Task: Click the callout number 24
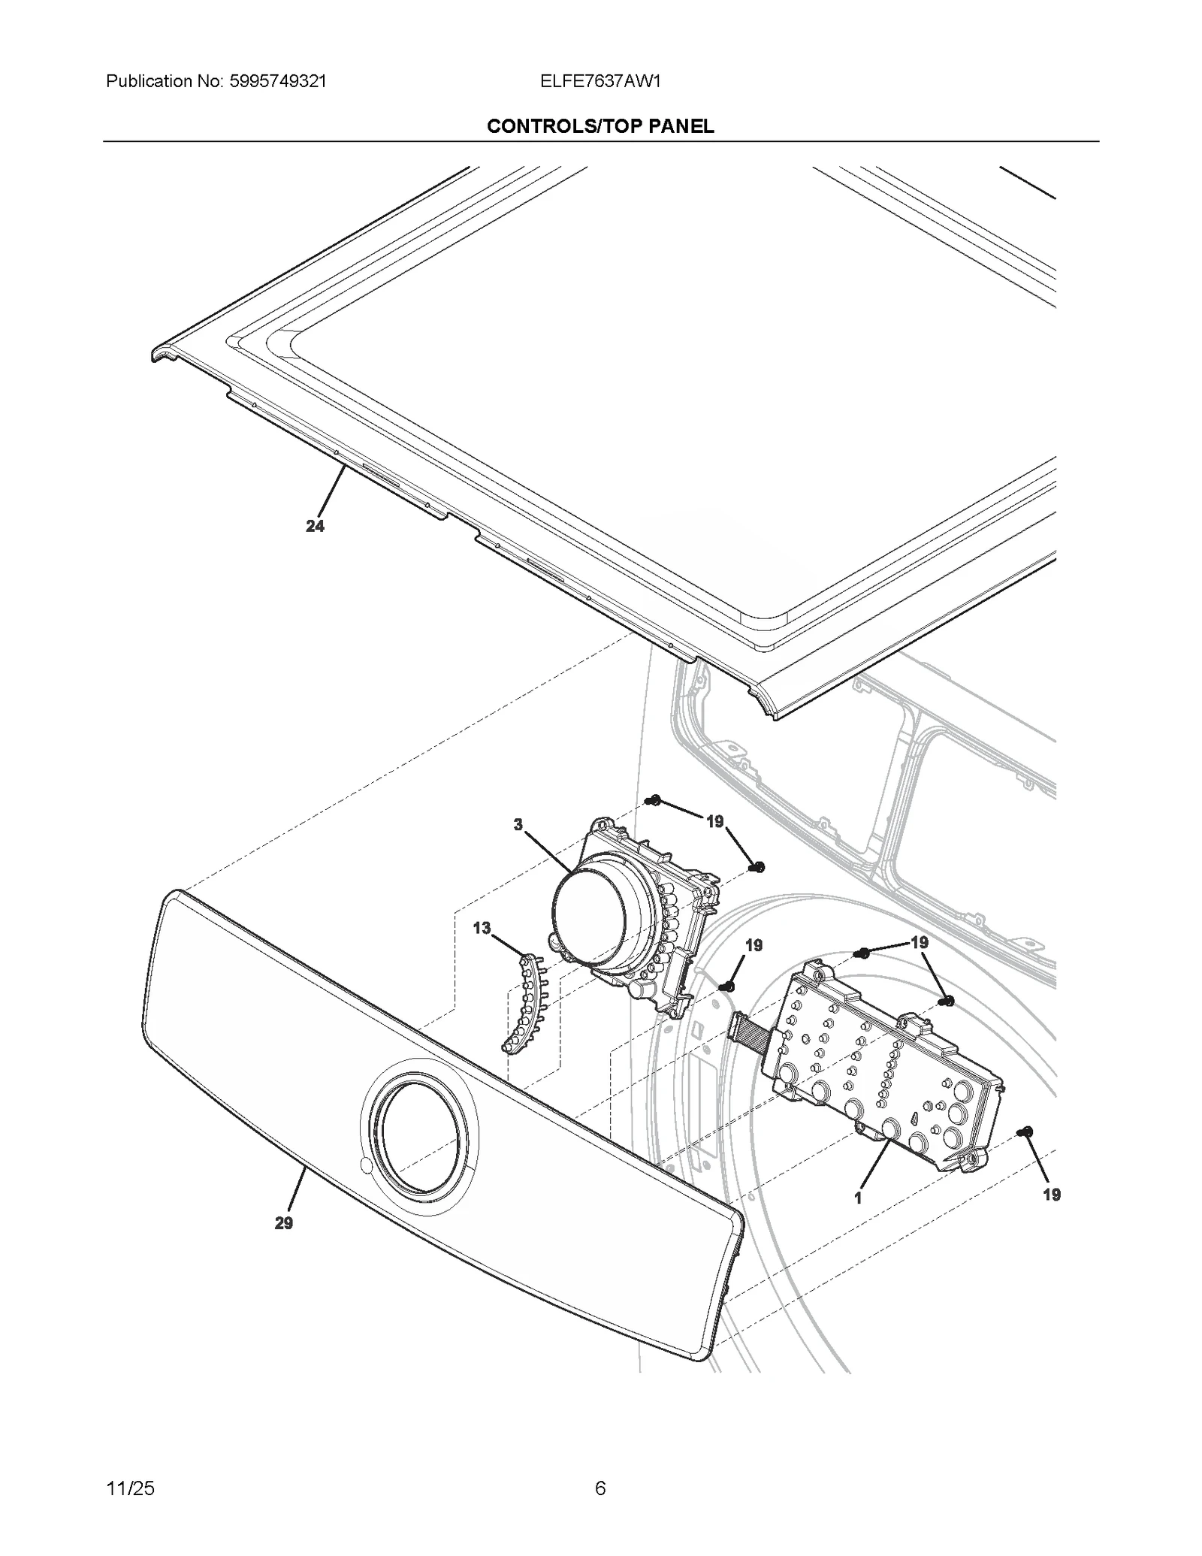tap(315, 527)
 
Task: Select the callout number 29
tap(283, 1223)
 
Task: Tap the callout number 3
tap(518, 825)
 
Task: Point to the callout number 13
tap(482, 929)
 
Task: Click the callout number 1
tap(858, 1198)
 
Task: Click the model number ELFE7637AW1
tap(599, 81)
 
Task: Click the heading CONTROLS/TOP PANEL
tap(600, 126)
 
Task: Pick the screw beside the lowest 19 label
tap(1027, 1153)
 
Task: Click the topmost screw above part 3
tap(654, 802)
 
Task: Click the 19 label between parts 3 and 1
tap(754, 945)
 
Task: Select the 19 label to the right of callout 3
tap(714, 821)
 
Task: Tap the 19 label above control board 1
tap(919, 942)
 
